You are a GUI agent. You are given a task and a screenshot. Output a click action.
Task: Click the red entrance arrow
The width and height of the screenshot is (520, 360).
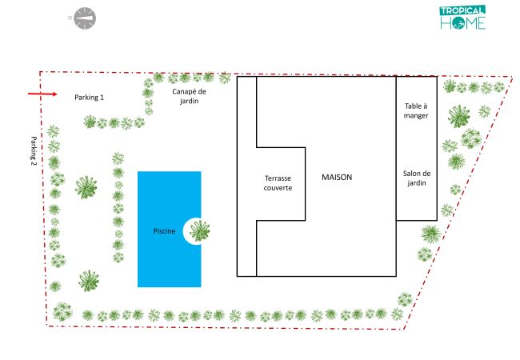(x=42, y=94)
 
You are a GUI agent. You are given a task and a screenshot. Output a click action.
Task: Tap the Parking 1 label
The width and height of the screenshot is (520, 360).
(x=89, y=98)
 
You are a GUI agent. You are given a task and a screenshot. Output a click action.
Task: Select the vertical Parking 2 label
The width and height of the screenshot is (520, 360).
(x=34, y=151)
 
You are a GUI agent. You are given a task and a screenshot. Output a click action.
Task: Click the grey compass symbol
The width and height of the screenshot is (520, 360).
(x=85, y=18)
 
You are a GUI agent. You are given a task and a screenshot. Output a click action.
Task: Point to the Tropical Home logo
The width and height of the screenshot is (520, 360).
(x=463, y=18)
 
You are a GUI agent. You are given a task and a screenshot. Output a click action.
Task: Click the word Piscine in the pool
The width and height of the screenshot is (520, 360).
(x=164, y=231)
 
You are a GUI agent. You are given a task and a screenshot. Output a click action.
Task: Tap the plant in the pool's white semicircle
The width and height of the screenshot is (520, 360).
(x=200, y=230)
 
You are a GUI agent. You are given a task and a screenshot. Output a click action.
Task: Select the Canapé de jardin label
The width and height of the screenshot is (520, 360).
(x=189, y=96)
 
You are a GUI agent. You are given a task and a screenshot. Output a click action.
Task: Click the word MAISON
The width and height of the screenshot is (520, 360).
(x=337, y=177)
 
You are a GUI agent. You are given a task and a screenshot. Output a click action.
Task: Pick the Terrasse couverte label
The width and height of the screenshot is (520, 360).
(x=278, y=183)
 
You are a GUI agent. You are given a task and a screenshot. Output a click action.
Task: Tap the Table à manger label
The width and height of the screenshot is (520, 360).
(x=416, y=110)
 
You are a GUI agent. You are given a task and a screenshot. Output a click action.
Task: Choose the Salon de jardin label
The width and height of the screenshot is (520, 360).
(x=417, y=178)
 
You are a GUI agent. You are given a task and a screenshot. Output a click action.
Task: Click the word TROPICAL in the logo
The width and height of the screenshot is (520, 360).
(x=462, y=10)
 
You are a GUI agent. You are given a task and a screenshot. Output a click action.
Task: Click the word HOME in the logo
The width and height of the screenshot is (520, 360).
(x=463, y=23)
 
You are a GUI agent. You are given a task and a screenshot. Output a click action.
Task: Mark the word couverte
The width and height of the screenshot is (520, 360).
(x=278, y=188)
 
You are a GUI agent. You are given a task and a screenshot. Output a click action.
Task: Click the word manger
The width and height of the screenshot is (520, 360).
(x=416, y=116)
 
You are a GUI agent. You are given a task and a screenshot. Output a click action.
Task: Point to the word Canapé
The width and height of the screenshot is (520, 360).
(x=185, y=91)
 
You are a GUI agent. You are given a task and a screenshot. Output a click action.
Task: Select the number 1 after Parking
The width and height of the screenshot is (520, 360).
(x=102, y=97)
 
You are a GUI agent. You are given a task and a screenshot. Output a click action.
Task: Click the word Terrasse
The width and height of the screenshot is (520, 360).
(x=278, y=178)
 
